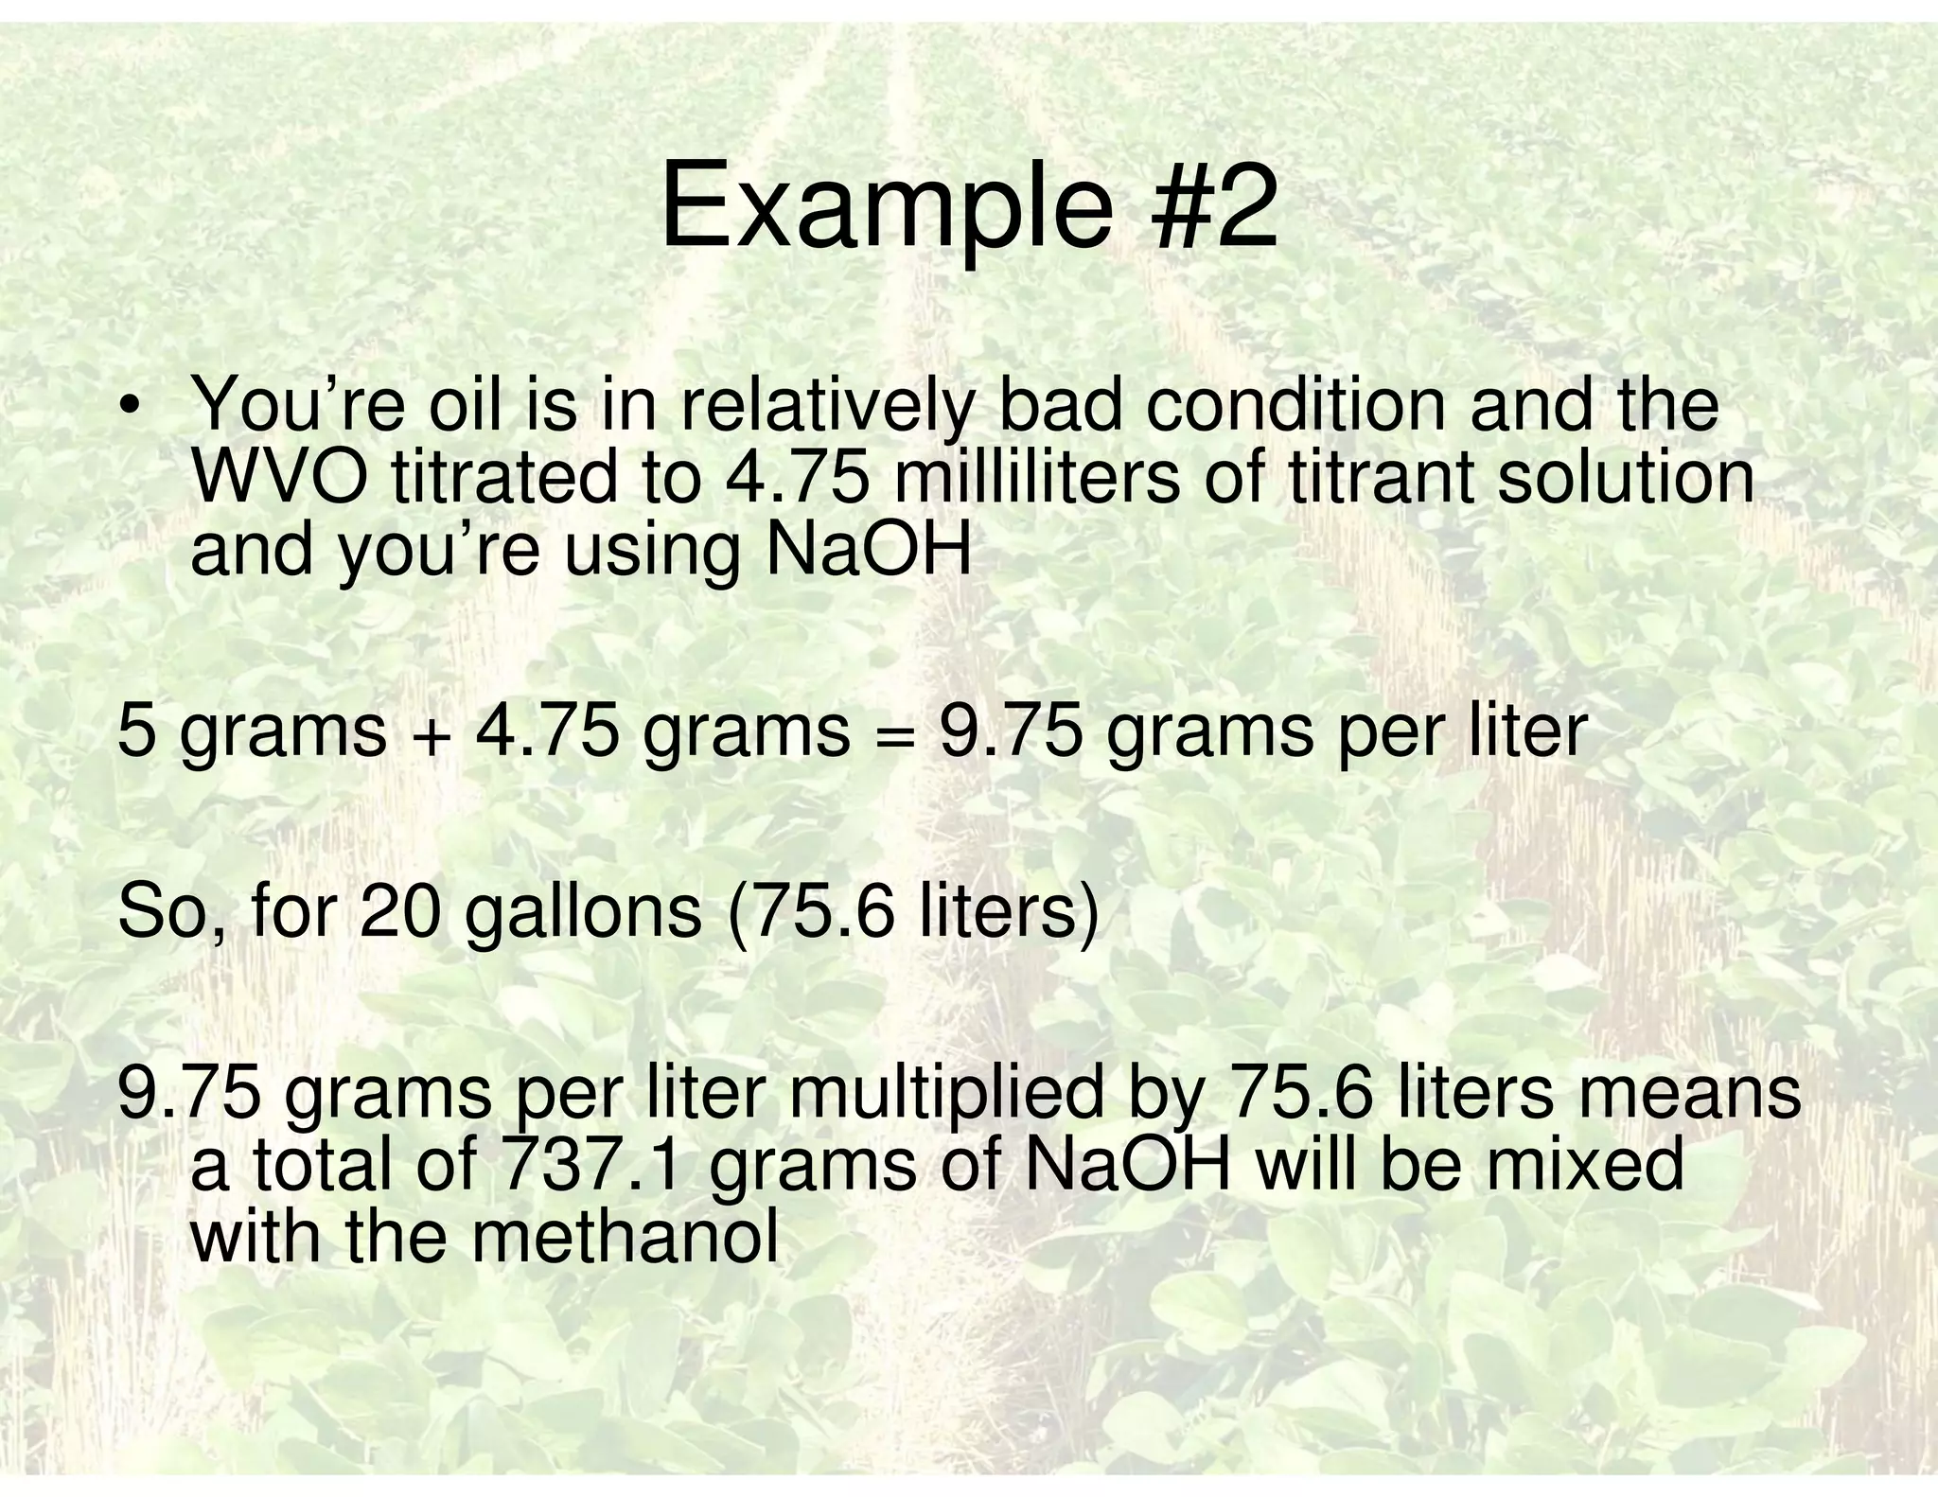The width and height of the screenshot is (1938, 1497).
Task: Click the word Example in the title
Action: click(x=885, y=207)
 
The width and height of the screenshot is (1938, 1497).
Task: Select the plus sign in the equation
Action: click(x=431, y=735)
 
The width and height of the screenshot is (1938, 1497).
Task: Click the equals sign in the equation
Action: click(x=893, y=735)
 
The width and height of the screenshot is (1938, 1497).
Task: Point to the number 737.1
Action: click(x=590, y=1166)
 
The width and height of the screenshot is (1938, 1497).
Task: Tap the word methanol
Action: click(x=625, y=1237)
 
